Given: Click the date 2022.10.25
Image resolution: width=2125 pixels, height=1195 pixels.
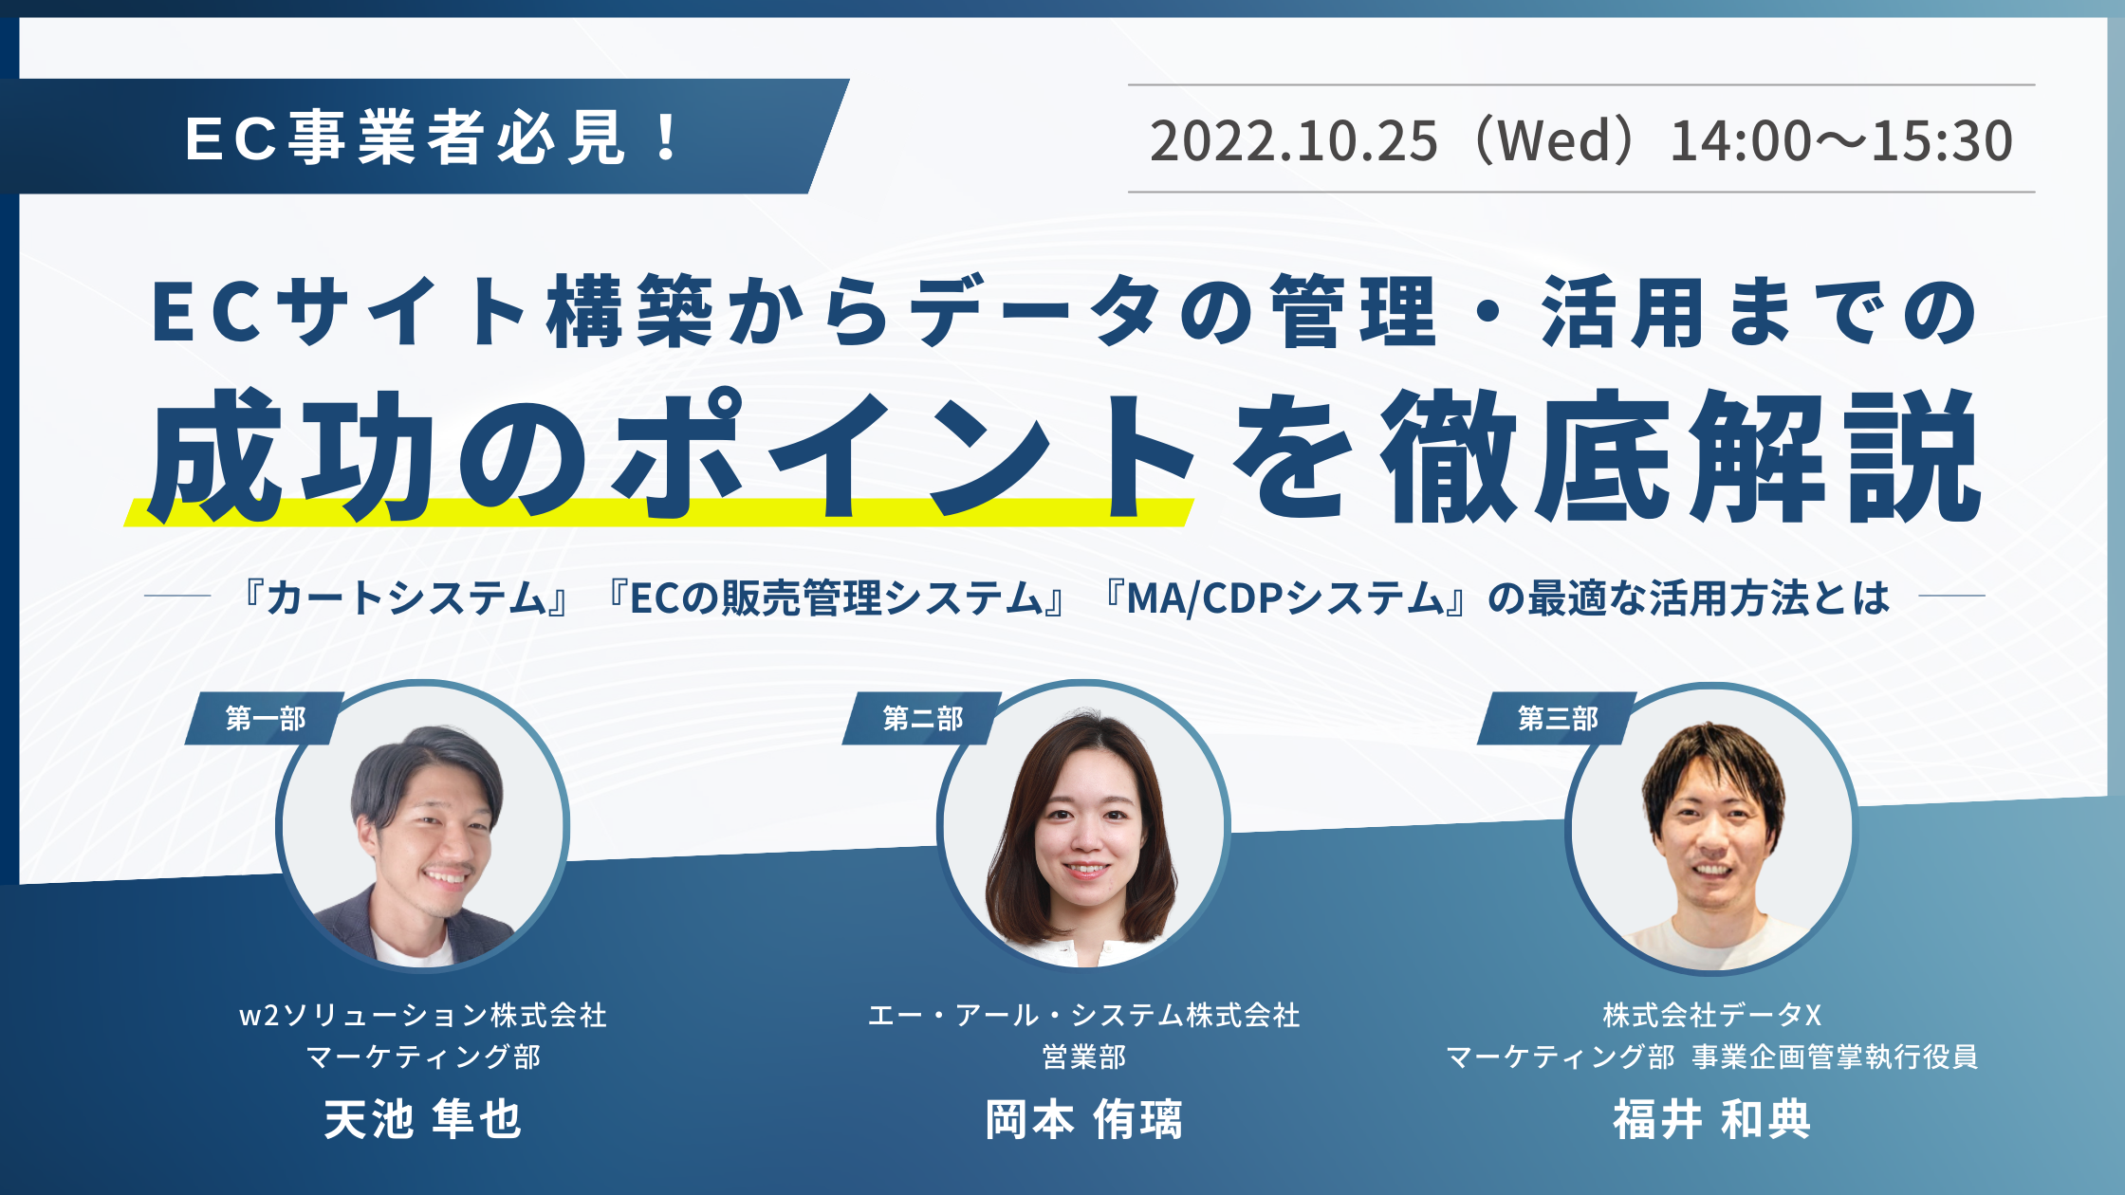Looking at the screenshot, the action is pyautogui.click(x=1294, y=140).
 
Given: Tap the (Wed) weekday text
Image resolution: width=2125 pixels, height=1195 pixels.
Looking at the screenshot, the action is pyautogui.click(x=1553, y=140).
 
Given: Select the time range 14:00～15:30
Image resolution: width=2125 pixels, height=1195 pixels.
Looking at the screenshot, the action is pyautogui.click(x=1841, y=140).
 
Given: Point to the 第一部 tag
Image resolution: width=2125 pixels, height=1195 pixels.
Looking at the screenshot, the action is pyautogui.click(x=266, y=718).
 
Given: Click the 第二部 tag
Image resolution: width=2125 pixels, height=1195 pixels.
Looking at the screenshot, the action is pyautogui.click(x=923, y=718).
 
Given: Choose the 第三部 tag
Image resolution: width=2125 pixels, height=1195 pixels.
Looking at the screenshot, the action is pyautogui.click(x=1558, y=718).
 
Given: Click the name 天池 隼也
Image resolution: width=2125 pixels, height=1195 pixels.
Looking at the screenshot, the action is pyautogui.click(x=423, y=1119).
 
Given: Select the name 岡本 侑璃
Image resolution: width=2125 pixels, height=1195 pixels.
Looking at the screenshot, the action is pyautogui.click(x=1083, y=1119).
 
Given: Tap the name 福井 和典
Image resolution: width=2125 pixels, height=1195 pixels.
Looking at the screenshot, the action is pyautogui.click(x=1712, y=1119).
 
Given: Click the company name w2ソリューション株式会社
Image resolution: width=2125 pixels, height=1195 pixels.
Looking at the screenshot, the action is pyautogui.click(x=423, y=1015).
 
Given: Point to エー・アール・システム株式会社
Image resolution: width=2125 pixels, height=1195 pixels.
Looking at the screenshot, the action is pyautogui.click(x=1083, y=1015).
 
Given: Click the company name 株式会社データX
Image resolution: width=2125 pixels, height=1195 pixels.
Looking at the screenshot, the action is pyautogui.click(x=1712, y=1015).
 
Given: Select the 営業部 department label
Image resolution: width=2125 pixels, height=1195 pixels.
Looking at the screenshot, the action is pyautogui.click(x=1083, y=1057).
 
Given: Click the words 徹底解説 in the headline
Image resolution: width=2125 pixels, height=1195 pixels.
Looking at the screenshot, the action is pyautogui.click(x=1680, y=456).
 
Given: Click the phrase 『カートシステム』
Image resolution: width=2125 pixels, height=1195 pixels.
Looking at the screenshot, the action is pyautogui.click(x=406, y=598).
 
